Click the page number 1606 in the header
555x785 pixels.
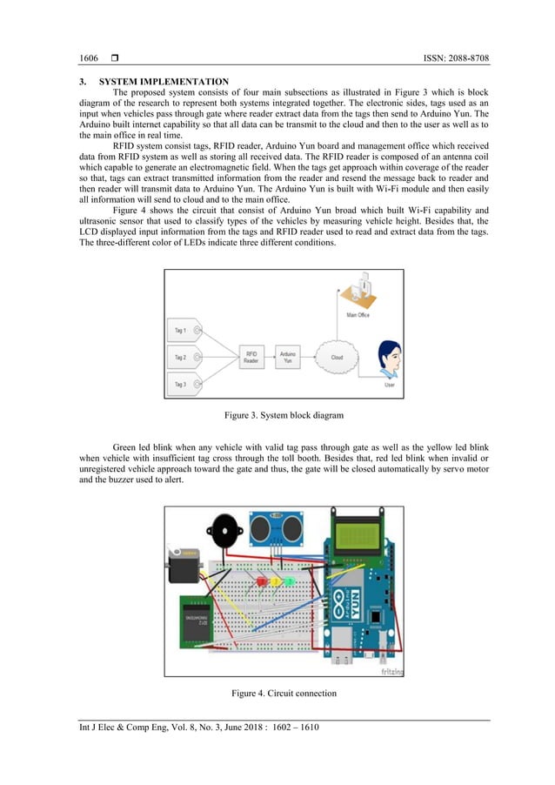tap(89, 58)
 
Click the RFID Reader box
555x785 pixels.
tap(252, 357)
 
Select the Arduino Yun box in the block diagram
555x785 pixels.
tap(290, 357)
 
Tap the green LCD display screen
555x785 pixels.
tap(357, 530)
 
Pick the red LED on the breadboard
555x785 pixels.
tap(261, 580)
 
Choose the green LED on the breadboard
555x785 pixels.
tap(289, 580)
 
